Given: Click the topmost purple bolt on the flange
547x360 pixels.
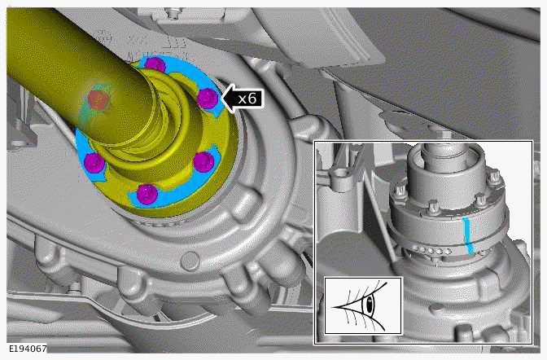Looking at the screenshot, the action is pos(155,65).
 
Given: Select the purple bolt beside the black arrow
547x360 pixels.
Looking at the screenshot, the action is pos(208,99).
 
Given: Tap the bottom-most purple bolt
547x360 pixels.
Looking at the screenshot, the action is pos(147,194).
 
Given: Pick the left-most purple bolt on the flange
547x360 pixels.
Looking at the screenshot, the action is pos(94,162).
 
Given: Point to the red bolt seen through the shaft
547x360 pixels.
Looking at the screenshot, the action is pos(98,100).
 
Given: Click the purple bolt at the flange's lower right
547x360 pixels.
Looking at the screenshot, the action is pos(203,161).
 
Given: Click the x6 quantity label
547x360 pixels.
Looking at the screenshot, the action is pos(247,99).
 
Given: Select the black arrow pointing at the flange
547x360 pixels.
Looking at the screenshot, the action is pos(242,99).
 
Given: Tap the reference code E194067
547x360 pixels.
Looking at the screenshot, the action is pos(28,349).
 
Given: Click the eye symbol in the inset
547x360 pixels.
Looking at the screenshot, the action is pos(363,306).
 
